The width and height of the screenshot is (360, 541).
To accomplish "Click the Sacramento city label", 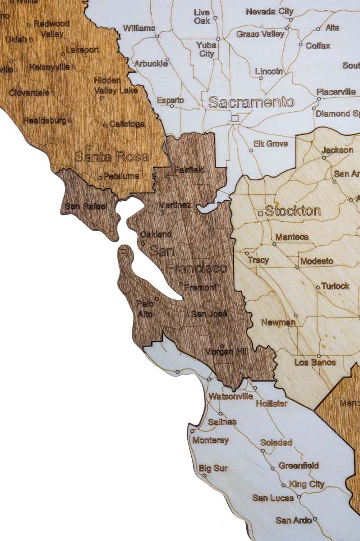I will click(251, 102).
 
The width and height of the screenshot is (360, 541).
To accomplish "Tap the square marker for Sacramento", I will click(235, 119).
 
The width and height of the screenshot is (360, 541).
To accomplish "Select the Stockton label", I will click(293, 211).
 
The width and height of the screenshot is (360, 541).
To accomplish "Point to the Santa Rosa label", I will click(111, 157).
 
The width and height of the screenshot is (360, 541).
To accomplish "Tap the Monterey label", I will click(211, 440).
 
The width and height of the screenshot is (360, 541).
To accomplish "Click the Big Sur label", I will click(213, 468).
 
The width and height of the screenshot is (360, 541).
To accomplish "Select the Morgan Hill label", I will click(226, 352).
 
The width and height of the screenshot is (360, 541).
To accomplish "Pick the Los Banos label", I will click(315, 362).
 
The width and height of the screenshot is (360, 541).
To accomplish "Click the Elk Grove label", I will click(270, 144).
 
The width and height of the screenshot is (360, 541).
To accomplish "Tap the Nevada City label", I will click(269, 12).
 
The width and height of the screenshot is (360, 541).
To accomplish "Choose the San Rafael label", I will click(86, 206).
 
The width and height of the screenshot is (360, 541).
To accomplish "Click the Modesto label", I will click(317, 261).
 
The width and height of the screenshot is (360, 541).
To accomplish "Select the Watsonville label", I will click(231, 396).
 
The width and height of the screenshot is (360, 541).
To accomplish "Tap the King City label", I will click(307, 484).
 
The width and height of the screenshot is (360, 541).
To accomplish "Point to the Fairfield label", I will click(189, 170).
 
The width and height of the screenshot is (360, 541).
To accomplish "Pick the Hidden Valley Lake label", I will click(115, 86).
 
